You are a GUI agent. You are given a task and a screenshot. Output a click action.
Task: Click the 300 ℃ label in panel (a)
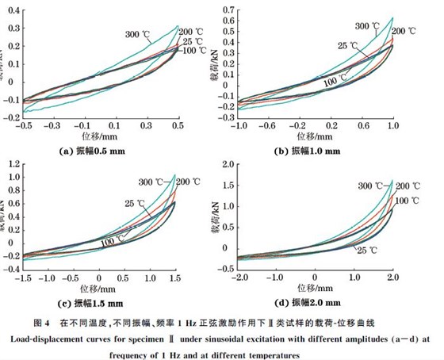pyautogui.click(x=137, y=33)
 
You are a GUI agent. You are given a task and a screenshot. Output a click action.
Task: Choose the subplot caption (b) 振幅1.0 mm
pyautogui.click(x=317, y=151)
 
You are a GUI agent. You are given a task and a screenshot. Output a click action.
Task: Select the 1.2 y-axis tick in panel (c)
pyautogui.click(x=12, y=164)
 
